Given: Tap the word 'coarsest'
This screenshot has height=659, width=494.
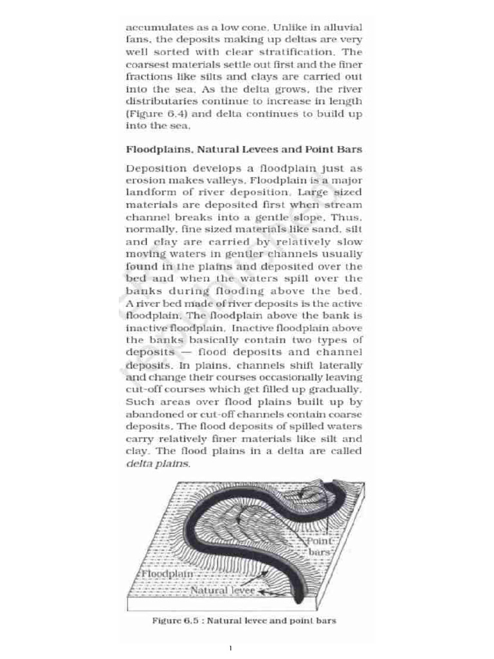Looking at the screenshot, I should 149,64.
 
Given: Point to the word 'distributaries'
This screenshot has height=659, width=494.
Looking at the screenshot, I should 163,101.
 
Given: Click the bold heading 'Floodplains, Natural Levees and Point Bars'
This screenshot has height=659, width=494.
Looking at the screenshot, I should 244,149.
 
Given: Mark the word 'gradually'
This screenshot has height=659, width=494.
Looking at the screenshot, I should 338,389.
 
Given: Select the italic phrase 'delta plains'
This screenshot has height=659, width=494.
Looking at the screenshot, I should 158,463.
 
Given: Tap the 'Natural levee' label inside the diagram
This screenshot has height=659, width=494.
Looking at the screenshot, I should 223,589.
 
